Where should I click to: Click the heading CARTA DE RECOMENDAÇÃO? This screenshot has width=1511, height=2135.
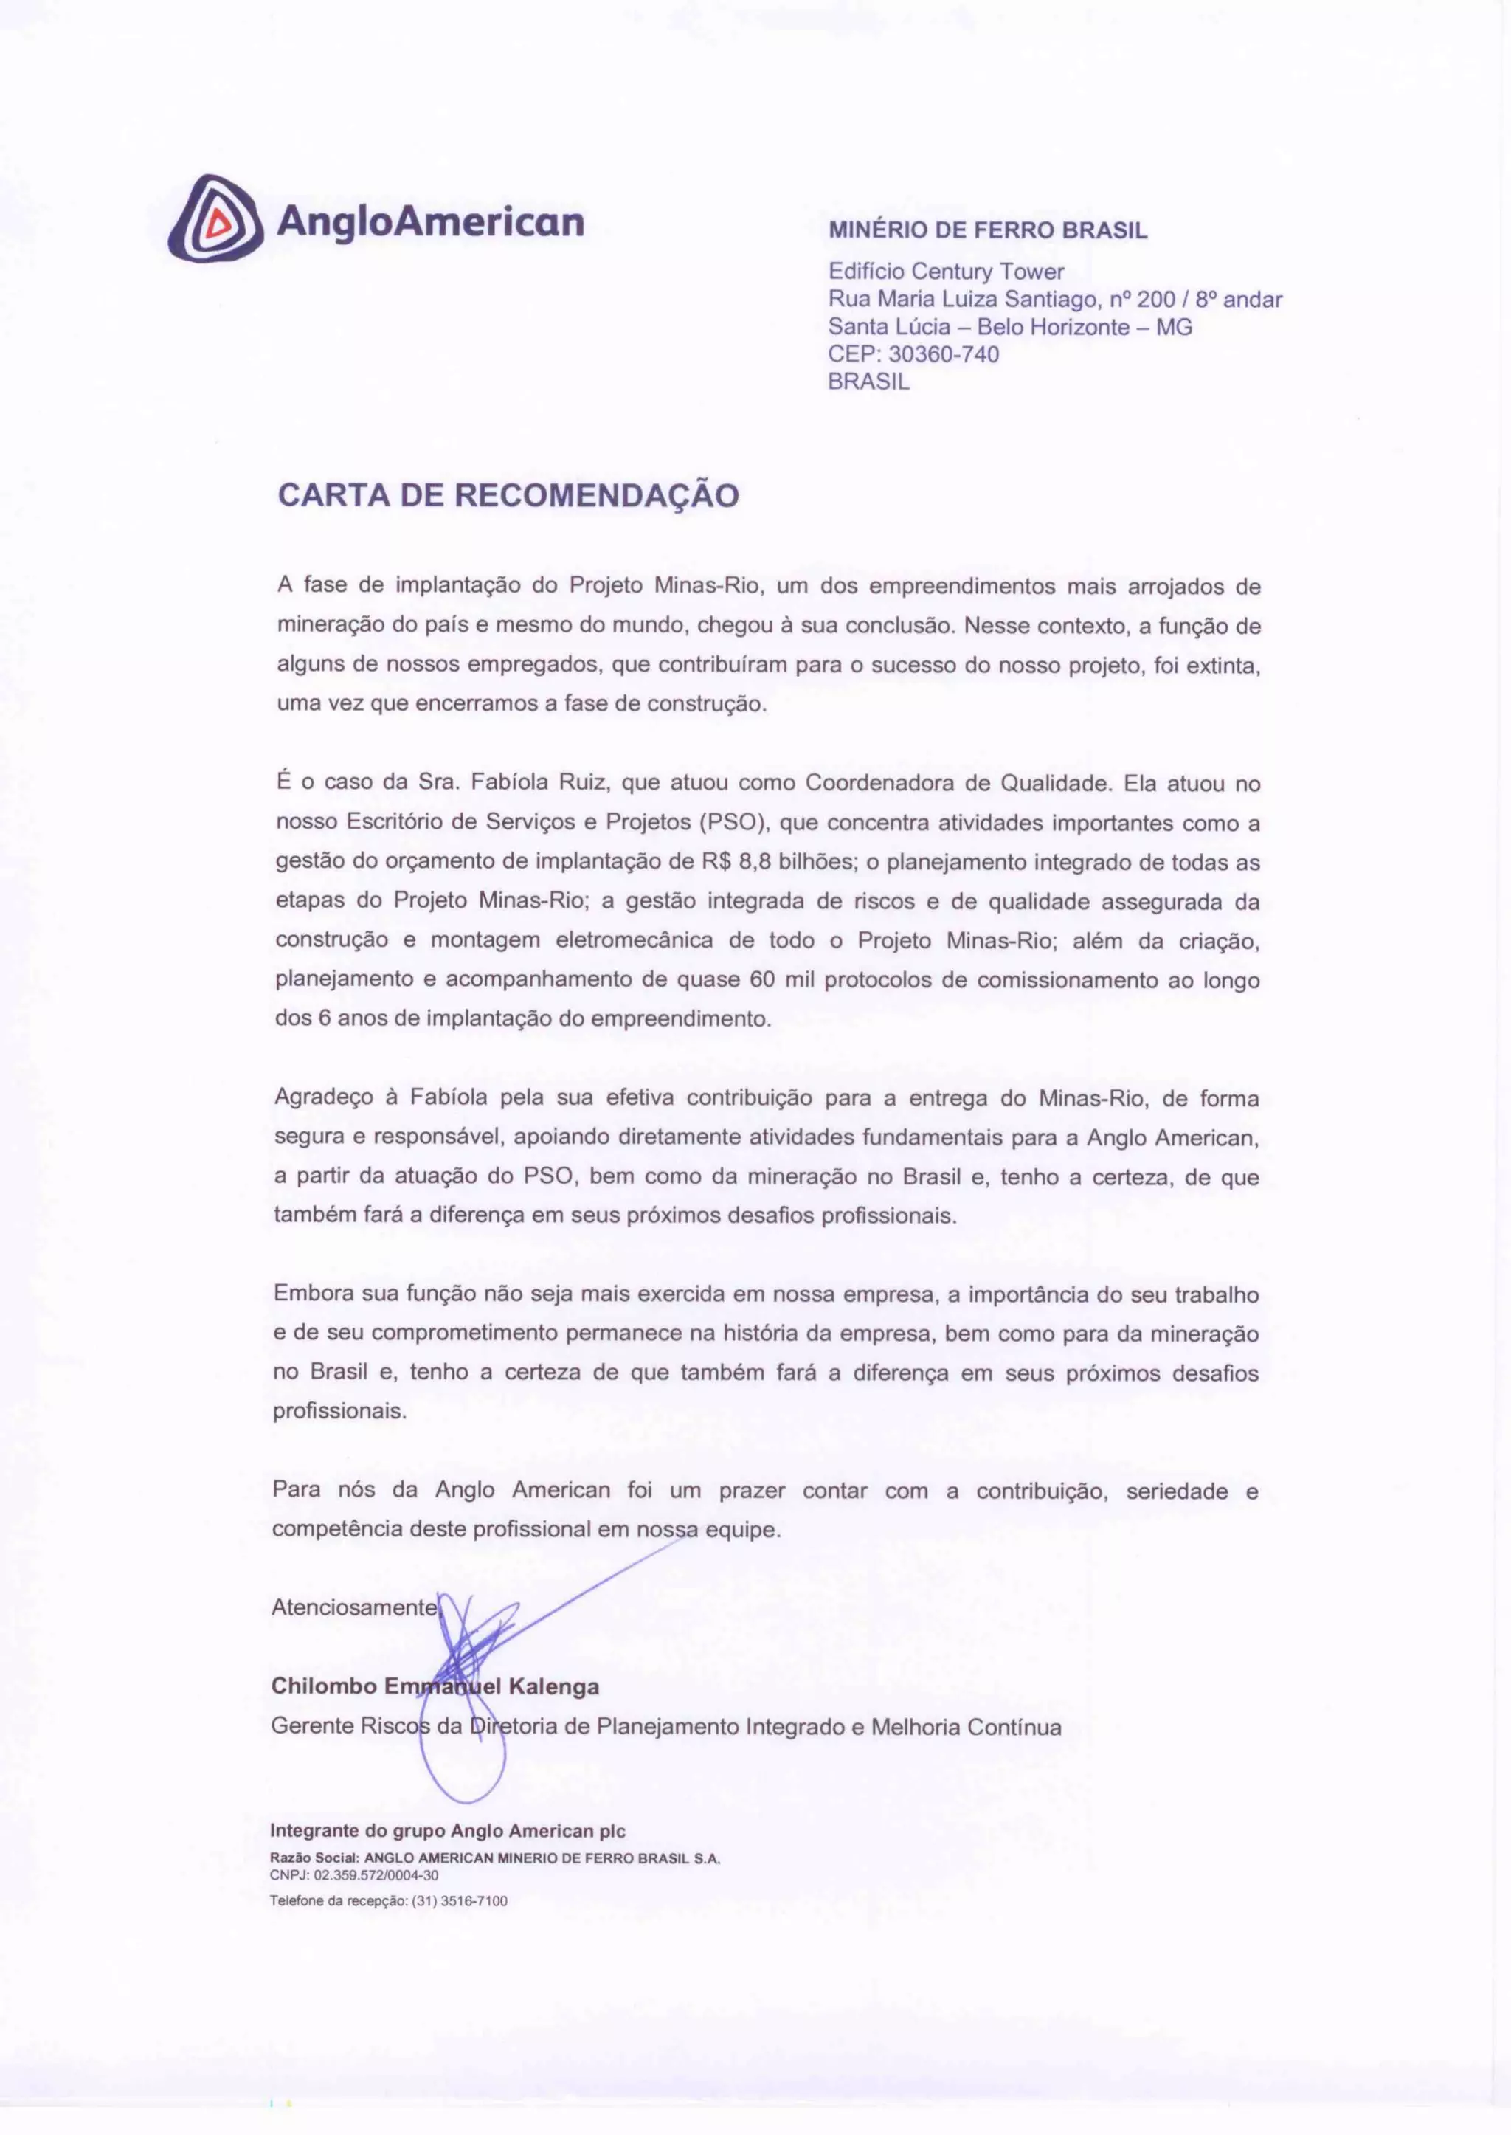(508, 494)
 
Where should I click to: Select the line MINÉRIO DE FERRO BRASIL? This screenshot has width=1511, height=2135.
(988, 231)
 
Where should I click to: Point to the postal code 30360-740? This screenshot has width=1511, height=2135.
(944, 354)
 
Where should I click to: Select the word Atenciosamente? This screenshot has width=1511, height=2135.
(353, 1607)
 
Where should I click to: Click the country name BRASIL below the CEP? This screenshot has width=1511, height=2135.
(868, 382)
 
